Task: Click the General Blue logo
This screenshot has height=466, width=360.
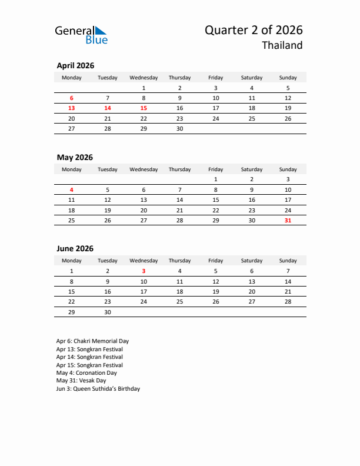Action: pyautogui.click(x=81, y=35)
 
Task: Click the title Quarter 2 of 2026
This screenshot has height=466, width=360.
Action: pyautogui.click(x=254, y=30)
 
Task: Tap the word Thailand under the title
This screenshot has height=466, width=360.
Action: pyautogui.click(x=282, y=45)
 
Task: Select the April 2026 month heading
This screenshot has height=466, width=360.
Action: pyautogui.click(x=75, y=66)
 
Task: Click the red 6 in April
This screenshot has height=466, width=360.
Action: pyautogui.click(x=72, y=98)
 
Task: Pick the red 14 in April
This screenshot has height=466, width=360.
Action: pyautogui.click(x=108, y=108)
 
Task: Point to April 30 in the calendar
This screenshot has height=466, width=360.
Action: pyautogui.click(x=179, y=128)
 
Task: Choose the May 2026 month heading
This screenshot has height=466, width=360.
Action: pyautogui.click(x=75, y=157)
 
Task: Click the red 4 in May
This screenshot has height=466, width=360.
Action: pyautogui.click(x=72, y=190)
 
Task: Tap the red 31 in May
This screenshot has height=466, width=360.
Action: pyautogui.click(x=288, y=220)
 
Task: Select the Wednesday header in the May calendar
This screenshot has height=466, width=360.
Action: pyautogui.click(x=144, y=169)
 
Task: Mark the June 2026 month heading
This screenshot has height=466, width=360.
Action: pyautogui.click(x=75, y=249)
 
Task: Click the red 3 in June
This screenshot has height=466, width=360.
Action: pyautogui.click(x=144, y=271)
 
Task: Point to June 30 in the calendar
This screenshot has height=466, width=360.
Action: pyautogui.click(x=108, y=312)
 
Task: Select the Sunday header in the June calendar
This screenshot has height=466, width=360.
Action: pyautogui.click(x=288, y=261)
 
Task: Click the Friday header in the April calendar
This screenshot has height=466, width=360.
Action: pyautogui.click(x=216, y=78)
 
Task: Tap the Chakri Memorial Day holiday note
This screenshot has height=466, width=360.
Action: pyautogui.click(x=92, y=341)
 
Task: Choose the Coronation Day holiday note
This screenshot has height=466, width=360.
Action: pyautogui.click(x=86, y=373)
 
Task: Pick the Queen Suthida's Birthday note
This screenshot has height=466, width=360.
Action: pyautogui.click(x=98, y=389)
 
